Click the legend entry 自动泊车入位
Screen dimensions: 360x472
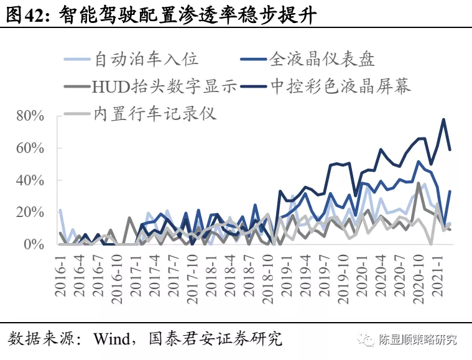click(x=146, y=59)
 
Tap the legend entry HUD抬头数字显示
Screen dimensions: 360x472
click(x=164, y=86)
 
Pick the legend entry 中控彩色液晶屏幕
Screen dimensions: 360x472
click(x=341, y=86)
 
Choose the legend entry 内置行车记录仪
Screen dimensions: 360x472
click(x=155, y=113)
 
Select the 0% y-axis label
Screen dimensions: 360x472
click(x=34, y=245)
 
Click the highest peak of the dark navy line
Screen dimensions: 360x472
click(x=443, y=119)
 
